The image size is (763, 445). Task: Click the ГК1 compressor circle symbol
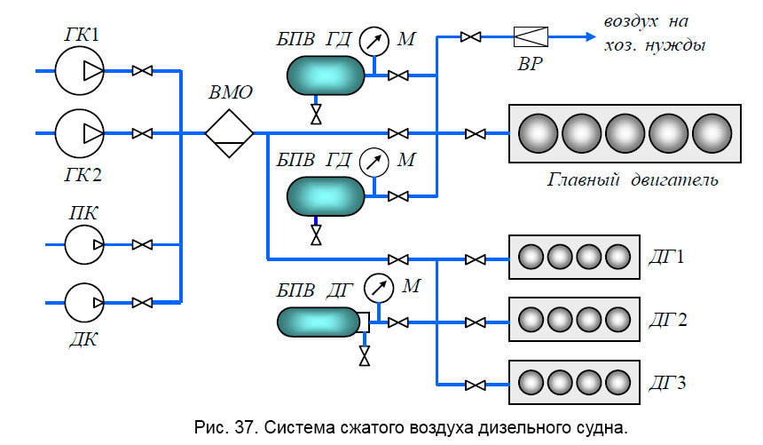(x=80, y=69)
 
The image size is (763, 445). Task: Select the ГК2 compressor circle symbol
(x=80, y=132)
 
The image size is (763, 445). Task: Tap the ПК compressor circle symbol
(x=84, y=243)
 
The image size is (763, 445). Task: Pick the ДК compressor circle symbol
(x=84, y=302)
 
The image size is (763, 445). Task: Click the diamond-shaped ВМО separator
(x=229, y=132)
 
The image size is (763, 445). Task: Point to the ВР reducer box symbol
(x=531, y=36)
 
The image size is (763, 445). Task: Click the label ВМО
(x=231, y=91)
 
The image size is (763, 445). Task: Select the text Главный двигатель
(x=632, y=180)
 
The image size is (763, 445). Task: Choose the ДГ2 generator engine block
(x=572, y=320)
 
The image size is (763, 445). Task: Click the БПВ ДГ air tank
(x=316, y=321)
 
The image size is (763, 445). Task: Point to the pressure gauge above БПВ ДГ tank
(x=379, y=287)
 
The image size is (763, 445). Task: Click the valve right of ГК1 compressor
(x=141, y=70)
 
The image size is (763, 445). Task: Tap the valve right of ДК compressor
(x=141, y=302)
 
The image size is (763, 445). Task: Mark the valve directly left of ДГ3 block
(x=476, y=384)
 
